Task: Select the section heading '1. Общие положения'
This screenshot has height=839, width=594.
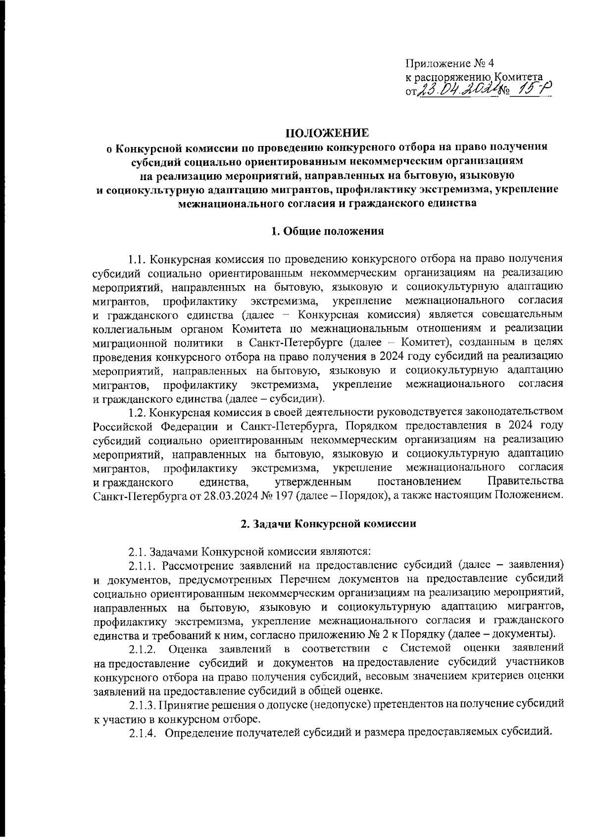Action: tap(327, 231)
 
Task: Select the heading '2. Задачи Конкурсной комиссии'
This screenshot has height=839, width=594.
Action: tap(327, 524)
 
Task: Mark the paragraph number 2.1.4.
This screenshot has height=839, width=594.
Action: tap(143, 732)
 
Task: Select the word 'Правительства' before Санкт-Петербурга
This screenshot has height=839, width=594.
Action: tap(525, 481)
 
